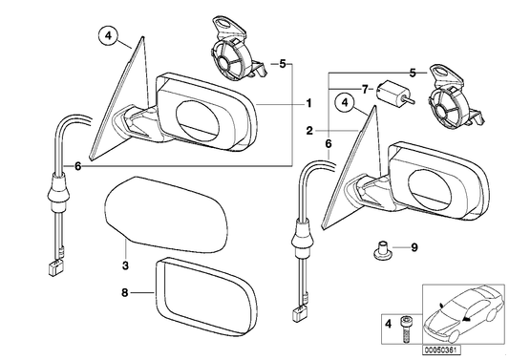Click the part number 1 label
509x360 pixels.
point(308,102)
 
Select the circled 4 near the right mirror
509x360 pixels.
point(342,102)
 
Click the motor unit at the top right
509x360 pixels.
point(455,96)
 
